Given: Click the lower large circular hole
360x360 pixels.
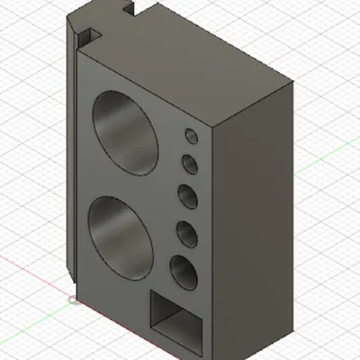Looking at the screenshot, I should [x=122, y=236].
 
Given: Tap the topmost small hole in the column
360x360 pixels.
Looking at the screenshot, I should [x=191, y=136].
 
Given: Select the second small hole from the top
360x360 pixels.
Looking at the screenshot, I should [x=190, y=165].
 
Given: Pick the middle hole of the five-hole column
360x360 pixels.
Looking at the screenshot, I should [x=187, y=196].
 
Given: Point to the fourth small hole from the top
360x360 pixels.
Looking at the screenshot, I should [x=186, y=233].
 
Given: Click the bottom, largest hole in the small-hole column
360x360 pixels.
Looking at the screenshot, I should [x=182, y=272].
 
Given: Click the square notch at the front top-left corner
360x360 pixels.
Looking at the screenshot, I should [x=88, y=37].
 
